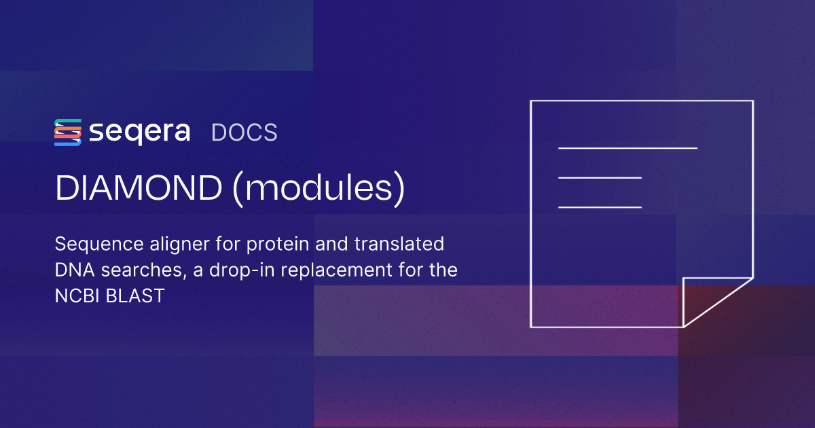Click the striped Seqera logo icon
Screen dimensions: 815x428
click(x=68, y=132)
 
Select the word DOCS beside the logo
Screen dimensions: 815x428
click(x=244, y=132)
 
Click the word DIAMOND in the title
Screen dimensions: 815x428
click(x=139, y=188)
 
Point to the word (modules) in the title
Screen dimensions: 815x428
click(x=319, y=189)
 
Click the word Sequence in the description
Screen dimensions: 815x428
click(x=99, y=244)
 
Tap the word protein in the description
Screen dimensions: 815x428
click(x=278, y=244)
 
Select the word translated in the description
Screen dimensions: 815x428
click(x=399, y=243)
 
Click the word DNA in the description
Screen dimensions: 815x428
click(x=75, y=270)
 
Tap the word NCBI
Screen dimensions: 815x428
click(x=77, y=296)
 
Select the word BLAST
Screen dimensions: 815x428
click(x=135, y=296)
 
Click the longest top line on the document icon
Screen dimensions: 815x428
click(x=628, y=148)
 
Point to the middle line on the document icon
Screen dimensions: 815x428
click(x=600, y=177)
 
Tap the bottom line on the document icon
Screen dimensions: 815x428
click(x=600, y=207)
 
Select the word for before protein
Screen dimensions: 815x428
click(x=228, y=243)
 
